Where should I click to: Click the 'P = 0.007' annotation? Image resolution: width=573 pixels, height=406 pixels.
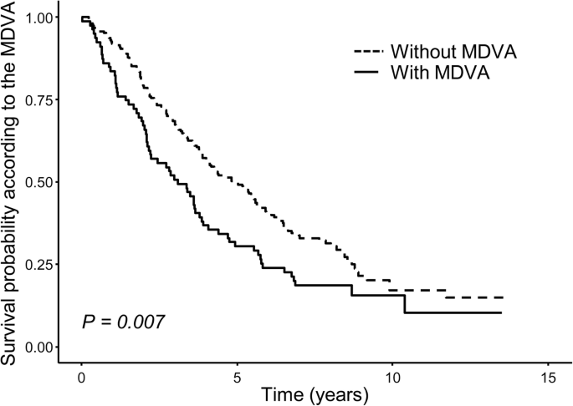point(122,322)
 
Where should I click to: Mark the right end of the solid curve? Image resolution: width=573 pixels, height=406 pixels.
point(501,312)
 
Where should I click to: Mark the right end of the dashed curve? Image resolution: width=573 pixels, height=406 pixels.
point(503,297)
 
